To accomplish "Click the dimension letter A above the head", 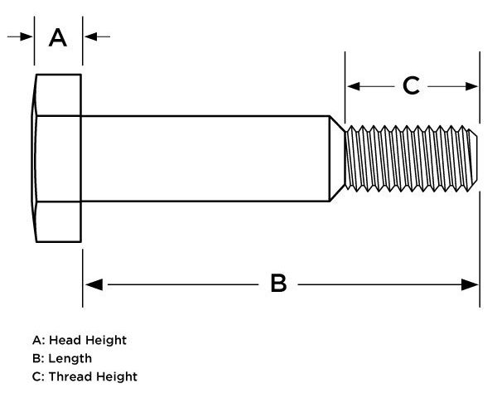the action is [x=58, y=38].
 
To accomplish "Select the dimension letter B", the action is [x=278, y=284].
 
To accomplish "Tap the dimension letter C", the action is [x=411, y=85].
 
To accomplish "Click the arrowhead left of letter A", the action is [x=26, y=36].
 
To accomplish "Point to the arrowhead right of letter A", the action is [x=90, y=36].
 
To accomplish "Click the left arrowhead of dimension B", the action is [x=94, y=284].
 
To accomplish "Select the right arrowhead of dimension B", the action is [x=470, y=284].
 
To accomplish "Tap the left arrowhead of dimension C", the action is [x=354, y=86].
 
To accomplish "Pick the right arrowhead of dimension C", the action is [x=471, y=86].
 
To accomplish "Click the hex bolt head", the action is [x=57, y=158].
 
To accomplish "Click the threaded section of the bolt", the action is [x=411, y=158].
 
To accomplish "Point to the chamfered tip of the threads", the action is [x=473, y=158].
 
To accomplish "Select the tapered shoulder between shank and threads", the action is [x=337, y=158].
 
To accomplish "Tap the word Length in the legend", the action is [x=70, y=359].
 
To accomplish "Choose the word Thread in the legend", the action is [x=70, y=376].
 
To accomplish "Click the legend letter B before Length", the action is [x=36, y=358].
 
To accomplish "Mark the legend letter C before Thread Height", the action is [x=36, y=376].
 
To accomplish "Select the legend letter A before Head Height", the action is [x=37, y=340].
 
